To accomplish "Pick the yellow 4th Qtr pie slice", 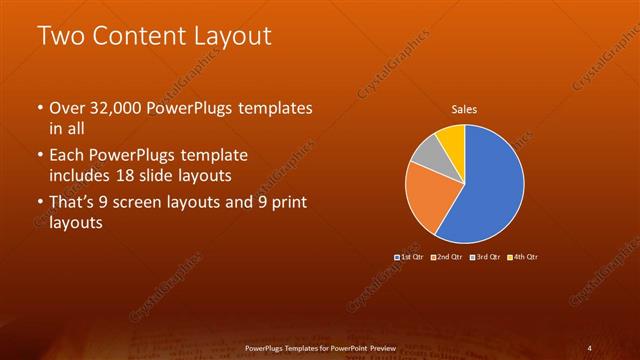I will [x=452, y=139].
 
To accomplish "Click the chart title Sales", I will [x=464, y=109].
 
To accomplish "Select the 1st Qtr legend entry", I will [x=410, y=257].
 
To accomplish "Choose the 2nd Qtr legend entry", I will [x=446, y=257].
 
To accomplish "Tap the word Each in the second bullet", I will [x=69, y=156].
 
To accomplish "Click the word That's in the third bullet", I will [x=73, y=204].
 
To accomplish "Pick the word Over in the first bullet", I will [x=69, y=108].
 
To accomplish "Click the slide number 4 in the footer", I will [x=590, y=347].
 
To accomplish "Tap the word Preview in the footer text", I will [x=381, y=347].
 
